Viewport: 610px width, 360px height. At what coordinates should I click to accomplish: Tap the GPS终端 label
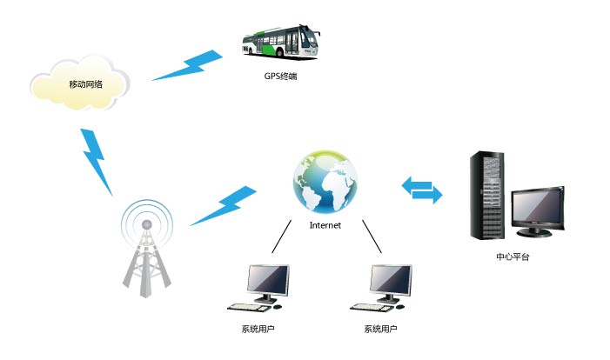(281, 76)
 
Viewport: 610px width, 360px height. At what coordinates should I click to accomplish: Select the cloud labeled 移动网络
(79, 84)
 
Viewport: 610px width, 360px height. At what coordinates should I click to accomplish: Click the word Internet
(325, 225)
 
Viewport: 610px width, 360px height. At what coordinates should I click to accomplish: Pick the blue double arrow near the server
(421, 190)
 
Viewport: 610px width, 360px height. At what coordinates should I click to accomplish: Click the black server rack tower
(487, 197)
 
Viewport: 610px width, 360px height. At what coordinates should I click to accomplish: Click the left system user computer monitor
(267, 280)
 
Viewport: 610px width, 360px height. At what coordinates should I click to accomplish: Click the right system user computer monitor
(392, 280)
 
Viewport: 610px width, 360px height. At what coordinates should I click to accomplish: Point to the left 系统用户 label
(258, 329)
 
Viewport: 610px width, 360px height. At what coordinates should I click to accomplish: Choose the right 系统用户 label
(381, 329)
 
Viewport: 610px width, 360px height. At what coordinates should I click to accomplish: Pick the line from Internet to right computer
(372, 237)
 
